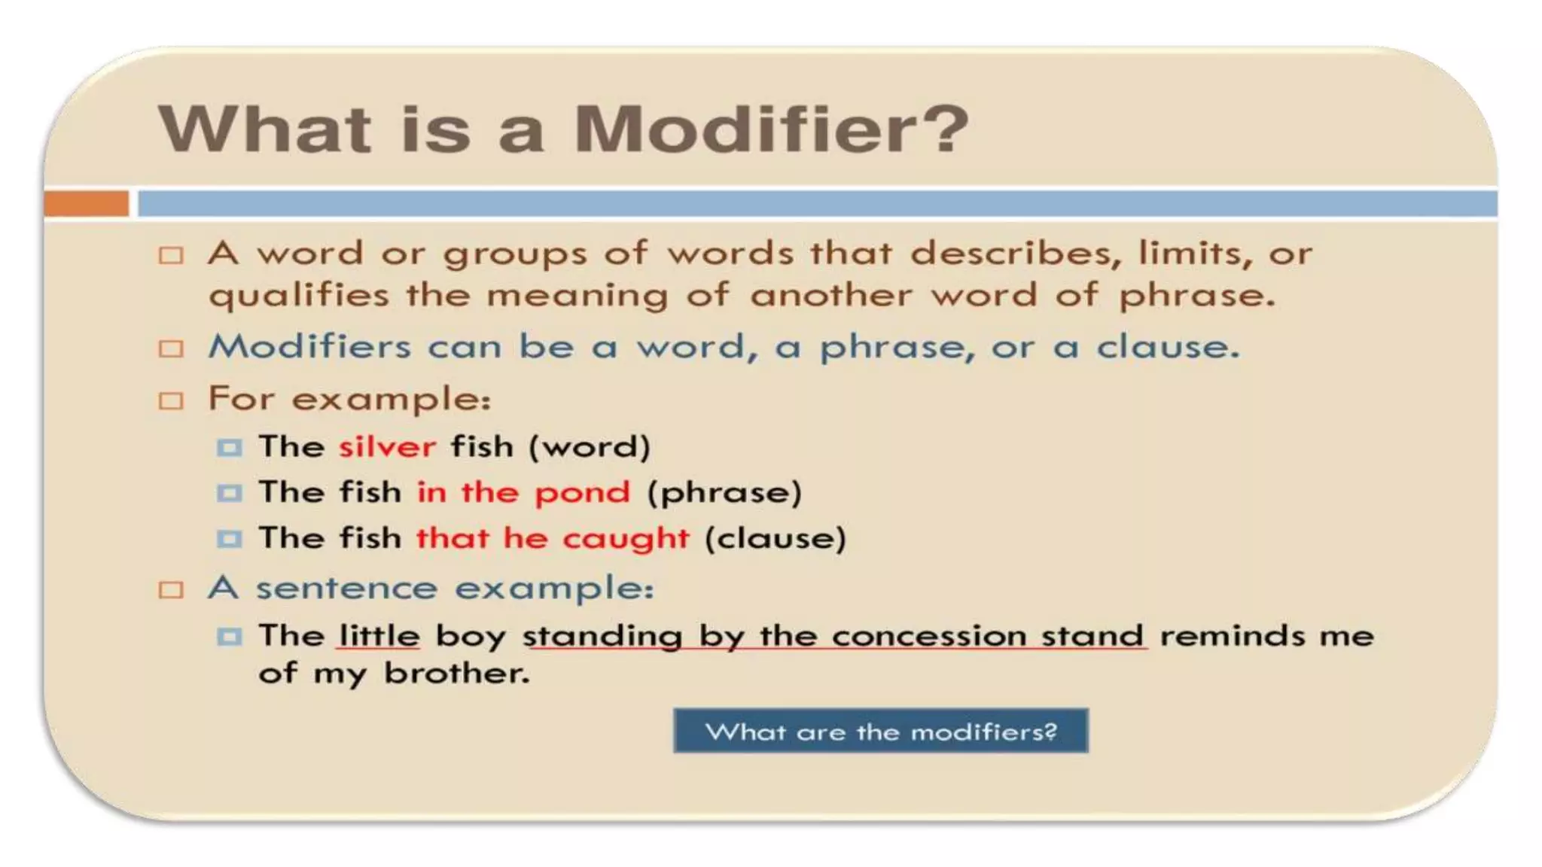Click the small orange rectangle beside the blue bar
point(86,204)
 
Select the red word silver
point(387,447)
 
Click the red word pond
point(581,493)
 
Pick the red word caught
point(626,539)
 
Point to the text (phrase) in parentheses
point(724,493)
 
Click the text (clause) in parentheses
point(775,539)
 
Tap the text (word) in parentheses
point(589,447)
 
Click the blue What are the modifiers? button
point(880,731)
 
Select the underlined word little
point(379,636)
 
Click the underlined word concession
point(929,636)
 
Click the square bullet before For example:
point(171,400)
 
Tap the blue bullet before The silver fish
point(229,448)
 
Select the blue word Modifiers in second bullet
point(309,347)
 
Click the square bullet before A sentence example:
point(171,589)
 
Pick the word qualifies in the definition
point(299,296)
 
